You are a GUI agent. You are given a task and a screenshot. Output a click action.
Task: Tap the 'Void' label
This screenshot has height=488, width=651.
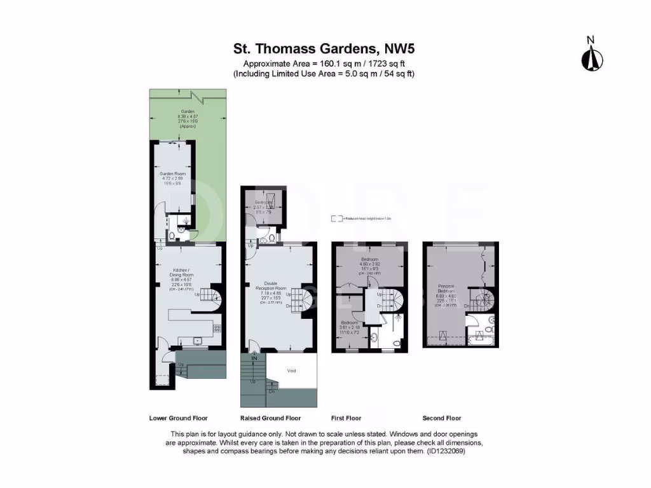(x=292, y=370)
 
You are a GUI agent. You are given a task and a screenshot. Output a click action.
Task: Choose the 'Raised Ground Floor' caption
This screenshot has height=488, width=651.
(x=270, y=418)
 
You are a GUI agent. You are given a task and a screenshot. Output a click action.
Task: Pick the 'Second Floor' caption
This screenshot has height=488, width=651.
(x=442, y=418)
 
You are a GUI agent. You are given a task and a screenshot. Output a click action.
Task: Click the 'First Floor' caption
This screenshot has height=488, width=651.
(x=346, y=418)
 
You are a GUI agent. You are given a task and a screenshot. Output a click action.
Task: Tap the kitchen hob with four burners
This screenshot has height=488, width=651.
(x=216, y=329)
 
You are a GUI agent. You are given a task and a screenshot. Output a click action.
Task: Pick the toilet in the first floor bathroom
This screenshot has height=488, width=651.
(x=395, y=342)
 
